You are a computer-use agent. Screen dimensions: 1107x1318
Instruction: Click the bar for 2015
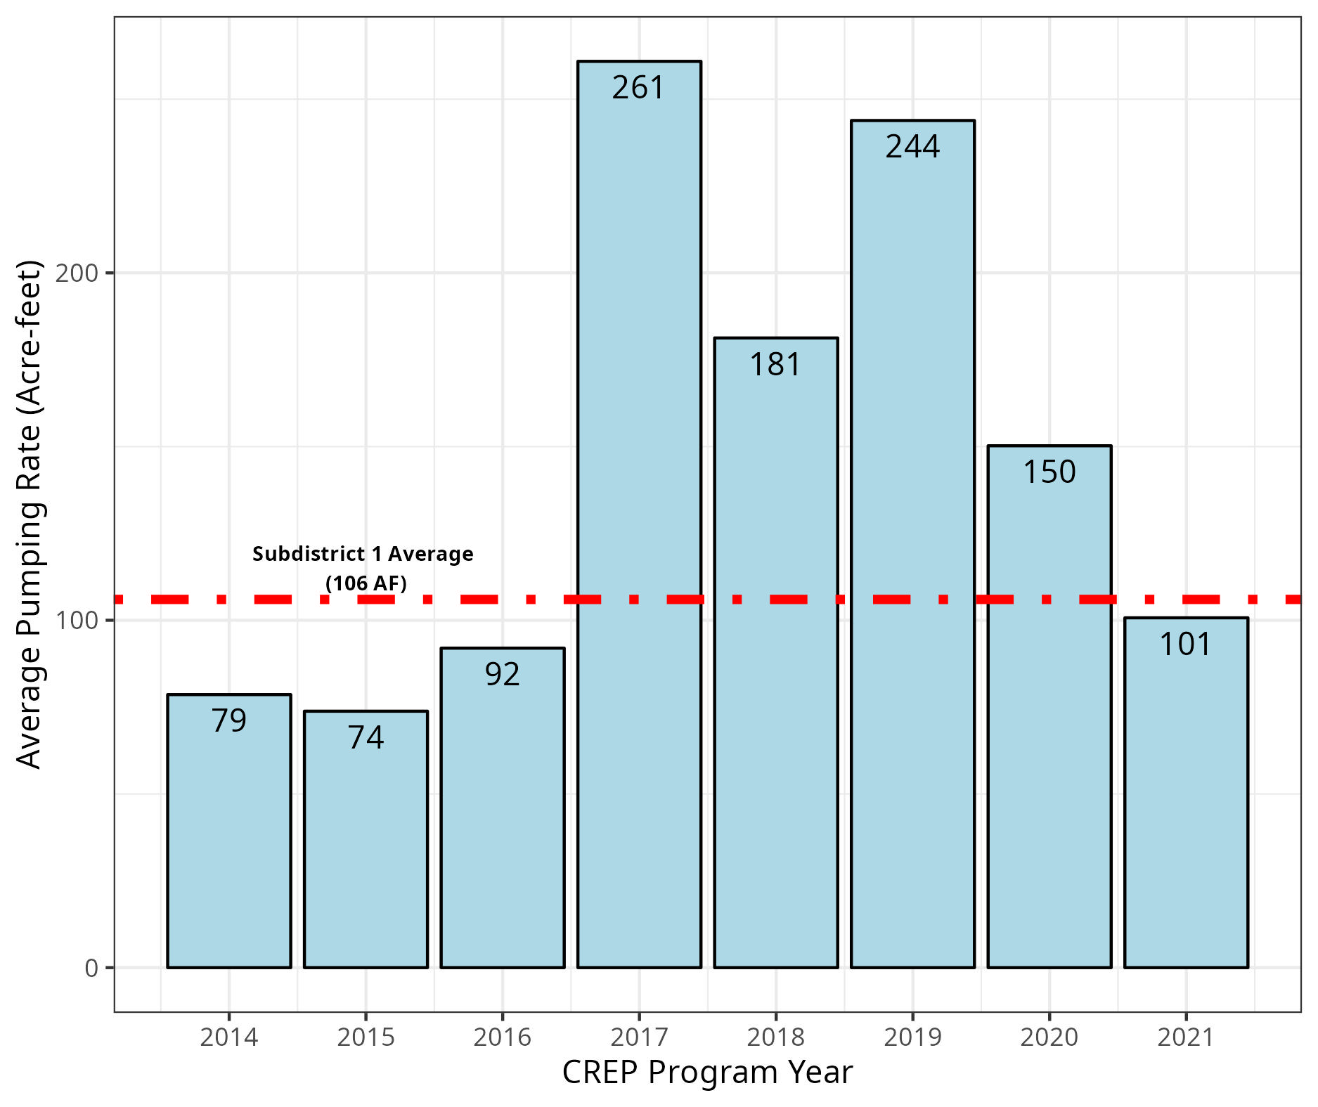tap(366, 839)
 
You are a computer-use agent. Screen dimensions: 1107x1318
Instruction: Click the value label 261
tap(638, 88)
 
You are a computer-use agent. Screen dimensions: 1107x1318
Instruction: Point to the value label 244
tap(912, 147)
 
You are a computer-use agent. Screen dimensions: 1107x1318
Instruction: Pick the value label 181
tap(775, 365)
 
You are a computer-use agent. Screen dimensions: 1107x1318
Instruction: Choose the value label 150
tap(1049, 472)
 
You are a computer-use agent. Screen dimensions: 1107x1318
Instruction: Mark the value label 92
tap(502, 675)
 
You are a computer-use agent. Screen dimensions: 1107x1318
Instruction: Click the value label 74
tap(366, 738)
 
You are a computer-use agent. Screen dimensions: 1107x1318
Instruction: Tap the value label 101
tap(1186, 645)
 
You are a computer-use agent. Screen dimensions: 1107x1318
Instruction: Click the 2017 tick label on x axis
tap(639, 1037)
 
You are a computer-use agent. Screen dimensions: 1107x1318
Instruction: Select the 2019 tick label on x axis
tap(912, 1037)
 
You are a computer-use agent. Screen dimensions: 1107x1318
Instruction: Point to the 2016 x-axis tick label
tap(502, 1037)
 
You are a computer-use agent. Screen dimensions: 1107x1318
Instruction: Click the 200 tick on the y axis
tap(77, 273)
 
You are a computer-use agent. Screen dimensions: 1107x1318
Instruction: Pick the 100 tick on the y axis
tap(77, 621)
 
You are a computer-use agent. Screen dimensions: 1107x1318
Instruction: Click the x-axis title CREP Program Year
tap(707, 1073)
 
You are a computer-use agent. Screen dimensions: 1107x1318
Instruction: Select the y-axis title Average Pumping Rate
tap(30, 514)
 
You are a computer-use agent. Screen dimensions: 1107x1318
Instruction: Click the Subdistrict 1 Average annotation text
tap(363, 555)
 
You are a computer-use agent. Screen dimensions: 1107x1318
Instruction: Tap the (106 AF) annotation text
tap(366, 583)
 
